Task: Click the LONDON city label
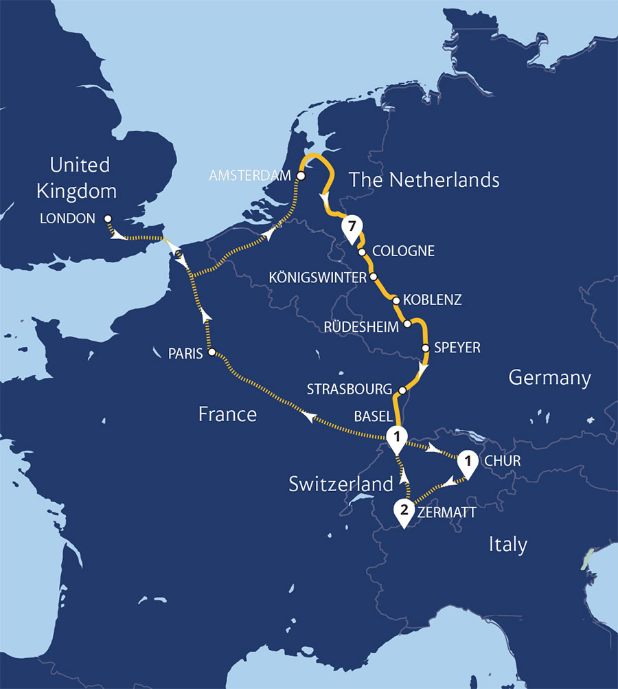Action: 68,218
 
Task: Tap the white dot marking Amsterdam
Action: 301,177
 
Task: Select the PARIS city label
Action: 185,354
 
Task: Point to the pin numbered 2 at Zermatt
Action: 404,511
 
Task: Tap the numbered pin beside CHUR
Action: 468,462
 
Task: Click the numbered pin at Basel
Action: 396,436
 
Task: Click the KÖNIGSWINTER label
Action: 318,278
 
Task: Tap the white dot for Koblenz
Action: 396,300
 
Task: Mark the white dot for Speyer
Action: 426,348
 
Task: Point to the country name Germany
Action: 549,378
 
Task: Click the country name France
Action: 227,414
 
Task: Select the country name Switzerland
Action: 341,484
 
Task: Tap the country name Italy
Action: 507,545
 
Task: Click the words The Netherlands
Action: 424,181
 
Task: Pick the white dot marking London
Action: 108,218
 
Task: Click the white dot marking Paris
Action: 211,352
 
